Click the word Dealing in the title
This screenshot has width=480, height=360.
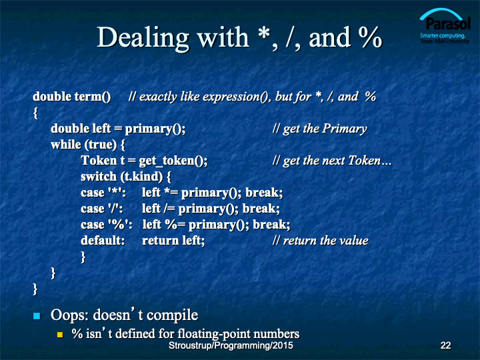143,38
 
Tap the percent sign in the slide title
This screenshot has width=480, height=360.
370,37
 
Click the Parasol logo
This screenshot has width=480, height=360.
445,26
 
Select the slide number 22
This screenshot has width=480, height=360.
445,345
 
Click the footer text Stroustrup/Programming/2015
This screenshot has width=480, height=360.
231,345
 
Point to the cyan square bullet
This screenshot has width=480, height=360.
37,315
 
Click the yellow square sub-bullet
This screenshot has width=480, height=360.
60,334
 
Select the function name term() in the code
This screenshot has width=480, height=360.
93,97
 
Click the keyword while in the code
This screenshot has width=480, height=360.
66,145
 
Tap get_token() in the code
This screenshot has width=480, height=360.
173,161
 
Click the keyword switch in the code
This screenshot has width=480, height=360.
99,177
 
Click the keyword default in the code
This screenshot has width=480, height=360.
103,241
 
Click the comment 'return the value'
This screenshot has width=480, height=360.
325,241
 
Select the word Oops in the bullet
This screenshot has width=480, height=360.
70,315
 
